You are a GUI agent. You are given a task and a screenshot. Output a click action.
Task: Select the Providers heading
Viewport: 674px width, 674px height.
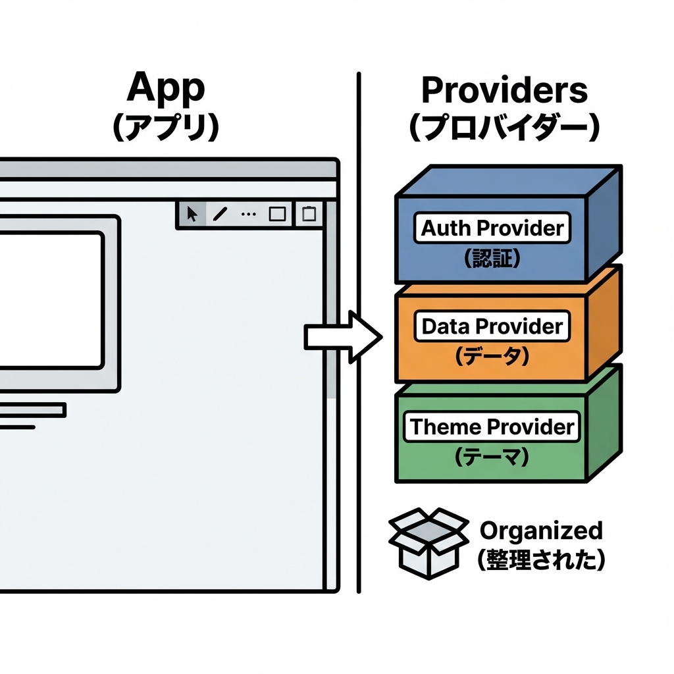coord(504,90)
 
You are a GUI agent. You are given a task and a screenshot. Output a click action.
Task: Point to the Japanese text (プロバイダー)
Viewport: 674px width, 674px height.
coord(504,128)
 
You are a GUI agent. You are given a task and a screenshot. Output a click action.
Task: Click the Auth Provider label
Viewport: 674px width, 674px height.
coord(493,228)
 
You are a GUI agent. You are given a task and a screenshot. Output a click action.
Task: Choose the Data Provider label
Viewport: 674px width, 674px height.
coord(492,326)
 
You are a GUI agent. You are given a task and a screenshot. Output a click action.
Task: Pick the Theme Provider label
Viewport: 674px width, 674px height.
coord(492,427)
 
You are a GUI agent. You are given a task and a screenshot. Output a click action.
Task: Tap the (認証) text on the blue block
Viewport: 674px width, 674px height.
coord(492,257)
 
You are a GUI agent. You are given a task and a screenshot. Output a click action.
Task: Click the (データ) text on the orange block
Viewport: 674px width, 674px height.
coord(492,356)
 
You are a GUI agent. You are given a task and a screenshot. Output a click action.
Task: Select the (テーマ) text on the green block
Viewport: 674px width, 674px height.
coord(492,456)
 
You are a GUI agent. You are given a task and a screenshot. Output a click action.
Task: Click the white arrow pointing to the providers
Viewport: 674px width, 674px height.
coord(342,337)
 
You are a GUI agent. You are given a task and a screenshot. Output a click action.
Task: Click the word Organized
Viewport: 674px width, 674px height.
coord(541,531)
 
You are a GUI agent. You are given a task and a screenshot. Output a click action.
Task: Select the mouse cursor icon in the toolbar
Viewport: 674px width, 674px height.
coord(192,214)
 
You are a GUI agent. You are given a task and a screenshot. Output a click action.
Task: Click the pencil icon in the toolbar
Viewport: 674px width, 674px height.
coord(220,214)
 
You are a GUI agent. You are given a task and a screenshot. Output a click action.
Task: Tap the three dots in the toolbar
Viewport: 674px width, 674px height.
coord(248,214)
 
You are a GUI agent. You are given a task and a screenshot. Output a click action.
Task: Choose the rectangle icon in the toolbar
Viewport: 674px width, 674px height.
coord(277,214)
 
